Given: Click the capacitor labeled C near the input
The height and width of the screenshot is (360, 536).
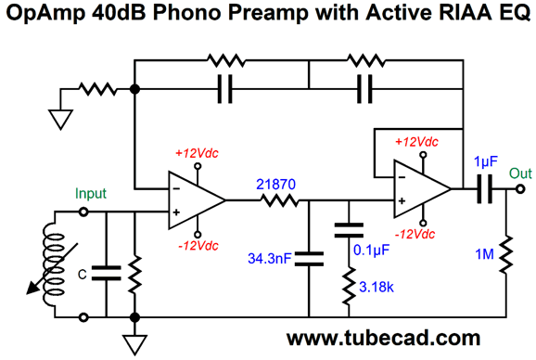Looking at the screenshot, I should click(x=108, y=273).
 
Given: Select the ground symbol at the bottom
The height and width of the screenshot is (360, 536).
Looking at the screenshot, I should click(x=135, y=343).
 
